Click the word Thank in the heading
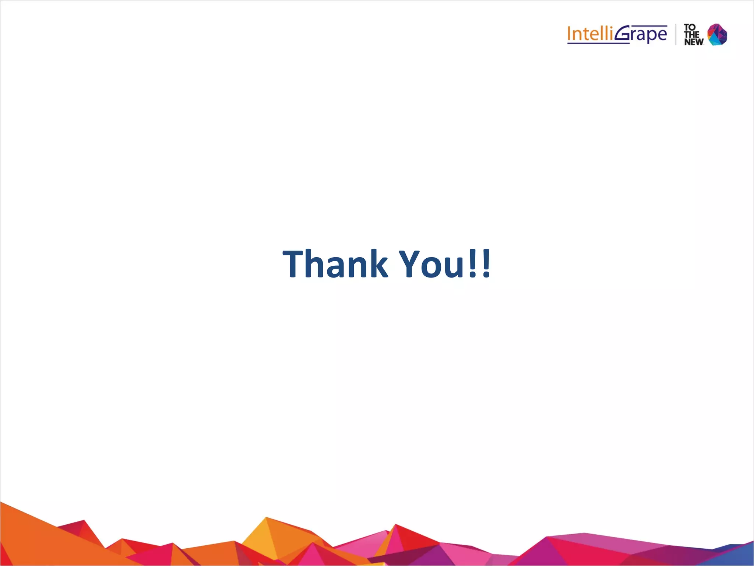click(x=335, y=263)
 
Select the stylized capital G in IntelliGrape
click(x=623, y=34)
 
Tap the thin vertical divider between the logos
click(x=676, y=34)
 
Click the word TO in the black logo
click(x=690, y=27)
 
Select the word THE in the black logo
click(x=692, y=35)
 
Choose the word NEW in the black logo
click(x=694, y=42)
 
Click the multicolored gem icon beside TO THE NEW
click(x=717, y=34)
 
